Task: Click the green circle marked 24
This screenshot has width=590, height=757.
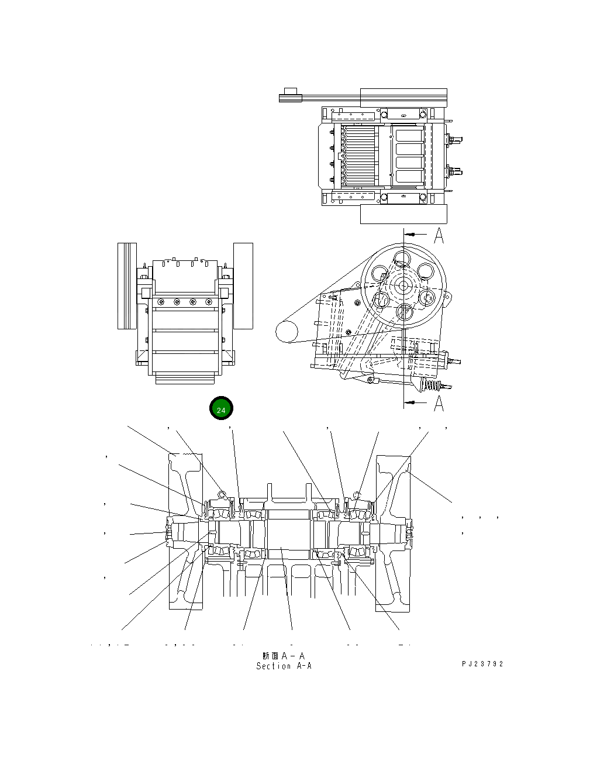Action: coord(221,410)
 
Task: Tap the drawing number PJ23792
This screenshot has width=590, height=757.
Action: coord(482,664)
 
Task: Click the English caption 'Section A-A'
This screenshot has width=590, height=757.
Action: coord(284,666)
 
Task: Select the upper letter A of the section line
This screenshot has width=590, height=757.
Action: coord(439,236)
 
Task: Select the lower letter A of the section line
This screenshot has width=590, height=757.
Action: coord(439,403)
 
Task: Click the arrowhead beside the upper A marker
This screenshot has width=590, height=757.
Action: coord(410,233)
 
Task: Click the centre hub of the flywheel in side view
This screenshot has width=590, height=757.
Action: coord(402,285)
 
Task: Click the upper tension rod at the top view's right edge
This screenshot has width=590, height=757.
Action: coord(455,140)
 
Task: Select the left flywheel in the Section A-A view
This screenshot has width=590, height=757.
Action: coord(186,532)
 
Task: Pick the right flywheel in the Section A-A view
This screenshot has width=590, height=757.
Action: coord(393,532)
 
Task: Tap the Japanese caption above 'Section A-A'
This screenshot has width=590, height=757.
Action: coord(284,656)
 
